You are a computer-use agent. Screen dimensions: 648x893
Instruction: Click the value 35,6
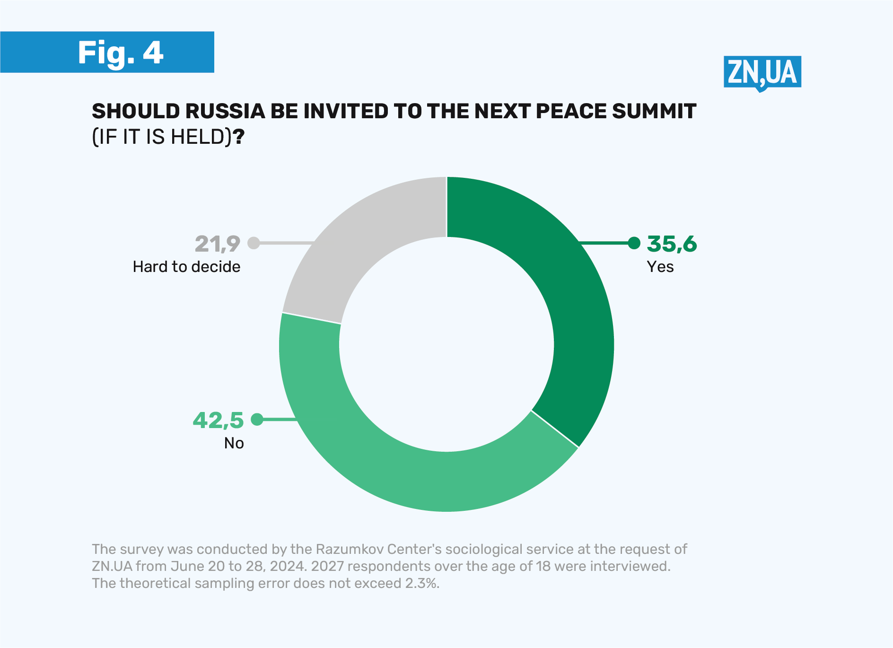coord(672,244)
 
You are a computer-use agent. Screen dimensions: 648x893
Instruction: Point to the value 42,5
coord(218,420)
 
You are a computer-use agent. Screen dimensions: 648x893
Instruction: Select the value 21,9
coord(218,244)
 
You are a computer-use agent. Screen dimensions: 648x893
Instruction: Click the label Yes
coord(660,267)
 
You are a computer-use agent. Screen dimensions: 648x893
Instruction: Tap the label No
coord(234,443)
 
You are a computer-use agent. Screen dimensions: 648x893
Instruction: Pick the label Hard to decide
coord(186,267)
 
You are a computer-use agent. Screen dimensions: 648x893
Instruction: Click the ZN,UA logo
coord(762,72)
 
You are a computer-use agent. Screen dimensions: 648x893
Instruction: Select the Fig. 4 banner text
coord(121,53)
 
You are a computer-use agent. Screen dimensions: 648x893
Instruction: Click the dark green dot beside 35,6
coord(634,243)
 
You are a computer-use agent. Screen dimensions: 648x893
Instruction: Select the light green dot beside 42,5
coord(257,419)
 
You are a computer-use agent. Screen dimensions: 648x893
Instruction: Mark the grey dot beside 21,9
coord(254,243)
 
